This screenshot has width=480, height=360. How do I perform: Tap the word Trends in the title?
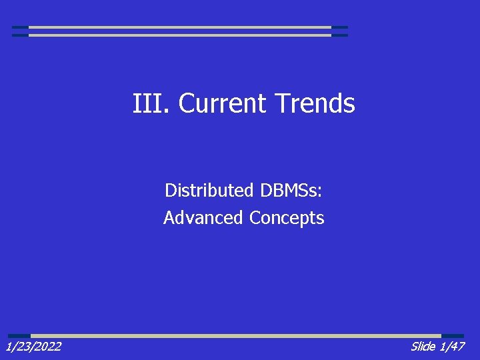(x=315, y=103)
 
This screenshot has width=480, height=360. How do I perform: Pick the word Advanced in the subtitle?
(x=203, y=218)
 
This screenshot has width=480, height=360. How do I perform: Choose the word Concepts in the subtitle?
(x=287, y=218)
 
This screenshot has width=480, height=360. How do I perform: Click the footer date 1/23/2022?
(x=33, y=346)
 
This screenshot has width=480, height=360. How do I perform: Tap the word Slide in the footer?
(x=423, y=346)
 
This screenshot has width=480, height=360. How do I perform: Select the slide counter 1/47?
(x=452, y=346)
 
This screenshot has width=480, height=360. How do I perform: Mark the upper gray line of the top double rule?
(x=180, y=27)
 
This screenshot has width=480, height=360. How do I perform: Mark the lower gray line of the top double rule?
(x=180, y=35)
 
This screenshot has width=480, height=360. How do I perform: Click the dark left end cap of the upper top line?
(x=20, y=27)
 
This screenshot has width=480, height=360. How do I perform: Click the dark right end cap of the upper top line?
(x=339, y=27)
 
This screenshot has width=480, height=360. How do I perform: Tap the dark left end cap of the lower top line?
(x=20, y=35)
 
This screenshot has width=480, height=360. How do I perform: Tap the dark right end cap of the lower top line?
(x=339, y=35)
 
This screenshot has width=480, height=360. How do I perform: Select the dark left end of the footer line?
(x=19, y=335)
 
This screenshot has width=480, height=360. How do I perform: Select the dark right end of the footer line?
(x=453, y=335)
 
